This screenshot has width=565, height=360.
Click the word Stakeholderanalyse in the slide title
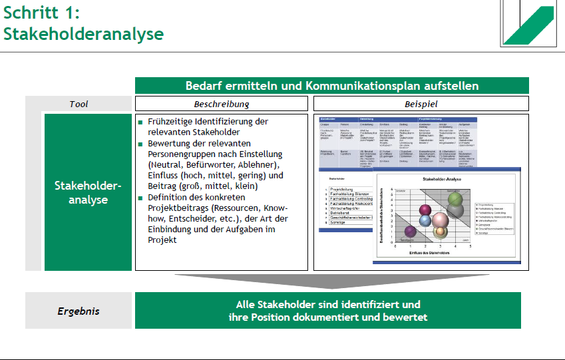tap(83, 33)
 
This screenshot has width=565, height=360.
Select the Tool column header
tap(79, 104)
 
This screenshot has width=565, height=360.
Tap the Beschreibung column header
tap(221, 104)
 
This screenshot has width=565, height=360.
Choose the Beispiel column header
tap(421, 104)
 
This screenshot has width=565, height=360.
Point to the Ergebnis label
tap(79, 311)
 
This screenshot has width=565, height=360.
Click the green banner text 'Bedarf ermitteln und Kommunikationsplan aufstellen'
tap(331, 86)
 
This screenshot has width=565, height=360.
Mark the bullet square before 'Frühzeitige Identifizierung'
tap(140, 122)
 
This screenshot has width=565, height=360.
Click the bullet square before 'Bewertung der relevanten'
tap(140, 144)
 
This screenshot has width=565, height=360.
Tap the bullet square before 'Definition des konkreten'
tap(140, 198)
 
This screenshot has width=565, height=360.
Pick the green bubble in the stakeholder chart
tap(455, 198)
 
